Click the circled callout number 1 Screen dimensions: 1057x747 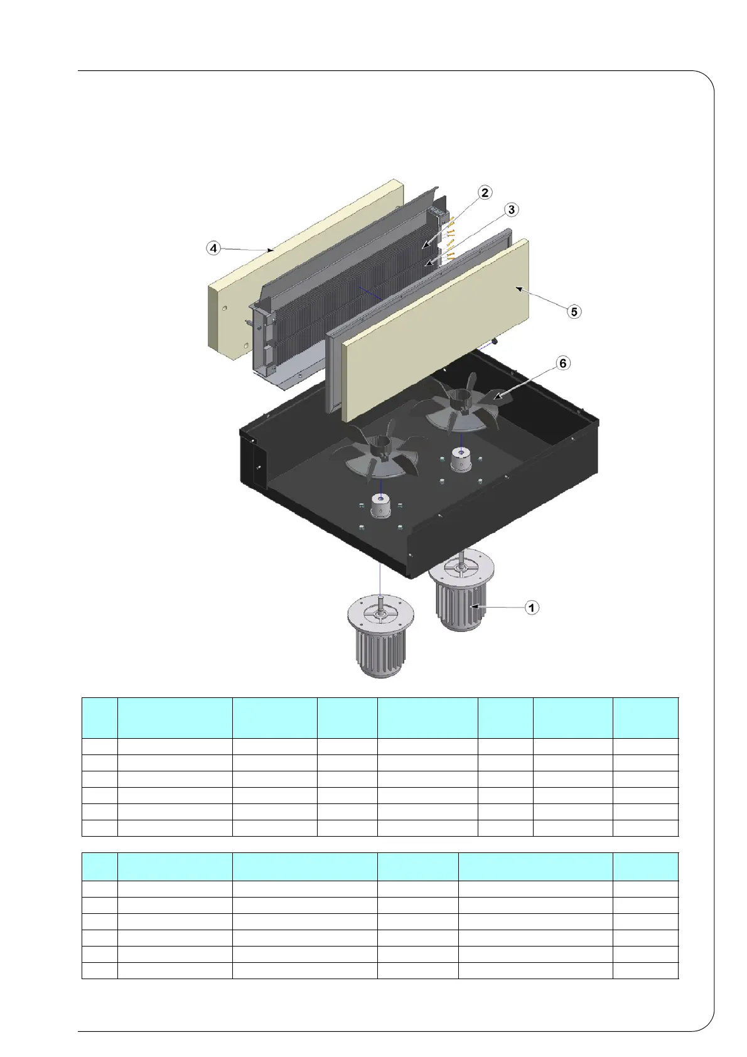click(x=532, y=608)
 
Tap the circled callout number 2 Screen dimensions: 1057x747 click(x=485, y=193)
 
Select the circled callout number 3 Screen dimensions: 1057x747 click(x=512, y=210)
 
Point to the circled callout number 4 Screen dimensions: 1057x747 click(x=214, y=248)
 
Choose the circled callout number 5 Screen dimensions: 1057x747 click(x=573, y=311)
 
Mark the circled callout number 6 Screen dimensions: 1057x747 click(x=563, y=363)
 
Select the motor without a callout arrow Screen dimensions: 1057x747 click(x=380, y=640)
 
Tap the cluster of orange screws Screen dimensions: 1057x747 click(x=450, y=242)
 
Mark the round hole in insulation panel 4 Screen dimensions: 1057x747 click(x=224, y=308)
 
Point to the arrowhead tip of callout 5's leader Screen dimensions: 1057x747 click(x=517, y=287)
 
